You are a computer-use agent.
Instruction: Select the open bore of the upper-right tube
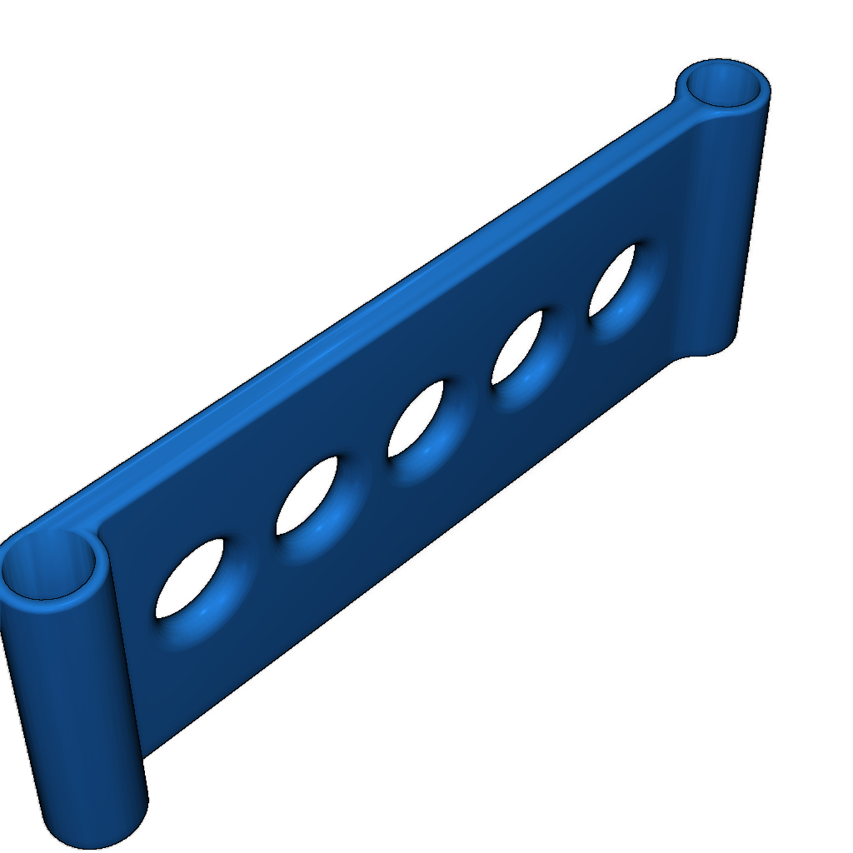pos(721,84)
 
